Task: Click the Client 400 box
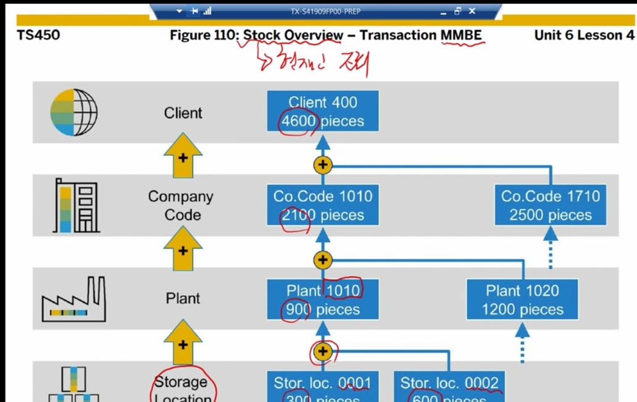(323, 112)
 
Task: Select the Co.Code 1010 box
(323, 205)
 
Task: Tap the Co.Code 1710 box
(550, 205)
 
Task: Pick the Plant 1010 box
(323, 299)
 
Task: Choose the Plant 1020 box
(522, 299)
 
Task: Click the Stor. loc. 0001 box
(323, 388)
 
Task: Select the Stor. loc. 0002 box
(449, 388)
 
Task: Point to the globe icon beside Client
(73, 113)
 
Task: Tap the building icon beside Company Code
(77, 206)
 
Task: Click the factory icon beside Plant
(73, 300)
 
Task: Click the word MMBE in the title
(461, 35)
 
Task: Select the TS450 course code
(39, 35)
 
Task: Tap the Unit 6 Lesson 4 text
(584, 35)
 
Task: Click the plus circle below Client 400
(323, 165)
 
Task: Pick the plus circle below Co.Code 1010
(323, 260)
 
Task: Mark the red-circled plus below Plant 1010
(323, 352)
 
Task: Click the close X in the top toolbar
(472, 11)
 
